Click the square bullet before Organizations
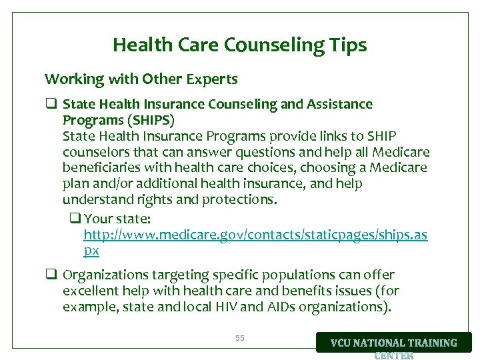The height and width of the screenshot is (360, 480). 50,275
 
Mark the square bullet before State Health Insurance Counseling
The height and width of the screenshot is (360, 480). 50,105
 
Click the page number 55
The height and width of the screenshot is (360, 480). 240,339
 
